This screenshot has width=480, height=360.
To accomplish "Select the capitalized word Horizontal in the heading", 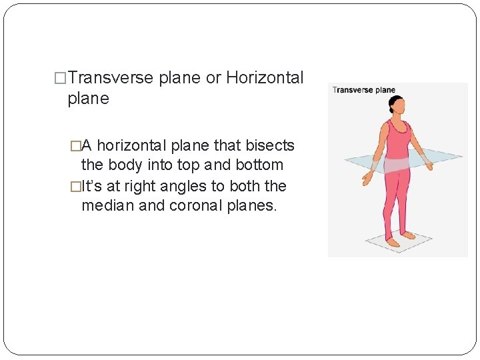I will (x=265, y=78).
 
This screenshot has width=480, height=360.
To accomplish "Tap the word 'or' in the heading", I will (x=213, y=78).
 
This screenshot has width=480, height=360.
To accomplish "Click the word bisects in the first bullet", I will (x=270, y=145).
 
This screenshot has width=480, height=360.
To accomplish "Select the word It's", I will (x=93, y=186).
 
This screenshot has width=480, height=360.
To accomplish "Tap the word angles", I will (x=187, y=186).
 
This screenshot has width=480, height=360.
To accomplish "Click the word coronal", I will (x=196, y=206).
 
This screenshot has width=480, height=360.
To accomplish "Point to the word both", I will (x=243, y=186).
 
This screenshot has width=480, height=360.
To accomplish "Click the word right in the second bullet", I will (x=138, y=187).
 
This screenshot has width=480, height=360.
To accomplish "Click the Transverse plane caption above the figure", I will (x=364, y=90).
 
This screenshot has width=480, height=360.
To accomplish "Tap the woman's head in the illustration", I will (x=397, y=105).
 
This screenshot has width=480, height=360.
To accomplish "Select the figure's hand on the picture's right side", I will (x=427, y=163).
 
